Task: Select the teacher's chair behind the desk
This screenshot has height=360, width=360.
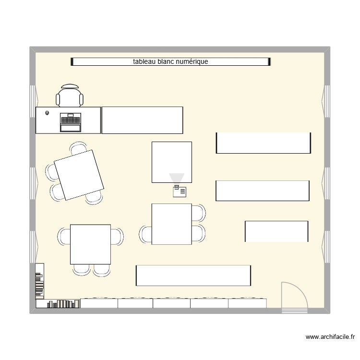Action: pos(70,96)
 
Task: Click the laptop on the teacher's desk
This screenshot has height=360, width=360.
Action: pos(70,122)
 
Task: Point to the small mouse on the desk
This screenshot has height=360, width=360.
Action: pos(47,113)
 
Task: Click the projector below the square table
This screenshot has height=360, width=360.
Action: pos(180,192)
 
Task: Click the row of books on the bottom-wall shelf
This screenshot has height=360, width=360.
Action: pos(63,304)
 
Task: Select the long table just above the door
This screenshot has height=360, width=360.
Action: pos(193,275)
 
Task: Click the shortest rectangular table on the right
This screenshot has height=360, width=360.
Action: pos(276,231)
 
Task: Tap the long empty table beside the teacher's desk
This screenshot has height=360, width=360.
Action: pos(143,120)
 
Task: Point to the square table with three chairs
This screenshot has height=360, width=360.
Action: pos(171,224)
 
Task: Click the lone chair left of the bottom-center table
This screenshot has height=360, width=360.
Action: pos(145,235)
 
